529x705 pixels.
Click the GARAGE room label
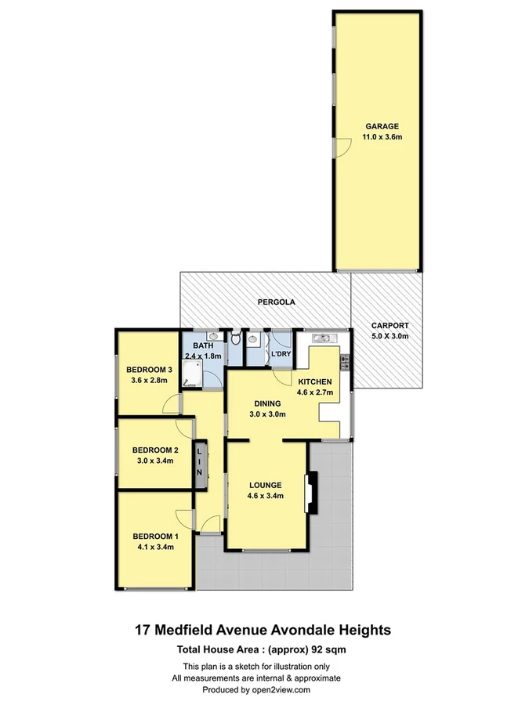[380, 126]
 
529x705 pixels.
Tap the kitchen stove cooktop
[345, 363]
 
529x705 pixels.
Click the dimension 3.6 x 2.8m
[150, 381]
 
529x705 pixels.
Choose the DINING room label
[266, 403]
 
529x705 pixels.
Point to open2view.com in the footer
[281, 689]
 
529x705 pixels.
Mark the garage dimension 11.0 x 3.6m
[380, 137]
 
